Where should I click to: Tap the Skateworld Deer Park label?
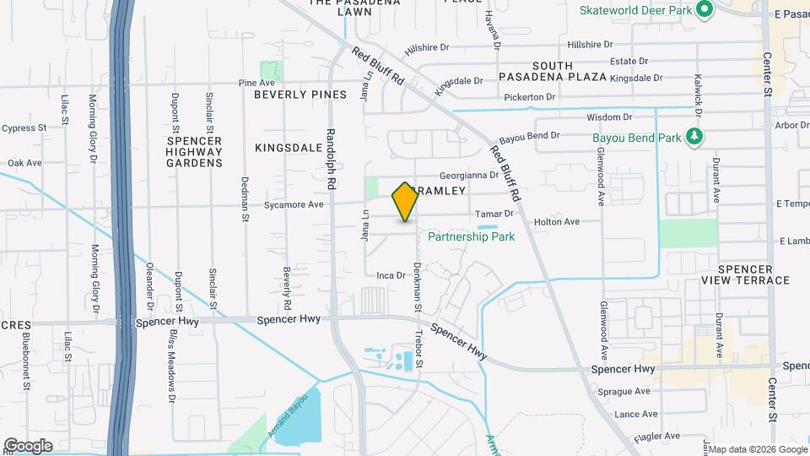click(634, 10)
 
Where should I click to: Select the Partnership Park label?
click(471, 237)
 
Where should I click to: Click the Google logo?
click(28, 445)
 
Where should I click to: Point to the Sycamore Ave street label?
click(294, 204)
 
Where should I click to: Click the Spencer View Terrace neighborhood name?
click(745, 274)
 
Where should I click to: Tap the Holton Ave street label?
click(557, 222)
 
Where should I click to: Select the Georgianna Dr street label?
click(469, 175)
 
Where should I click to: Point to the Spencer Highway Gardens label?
click(193, 151)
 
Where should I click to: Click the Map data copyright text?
click(758, 448)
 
